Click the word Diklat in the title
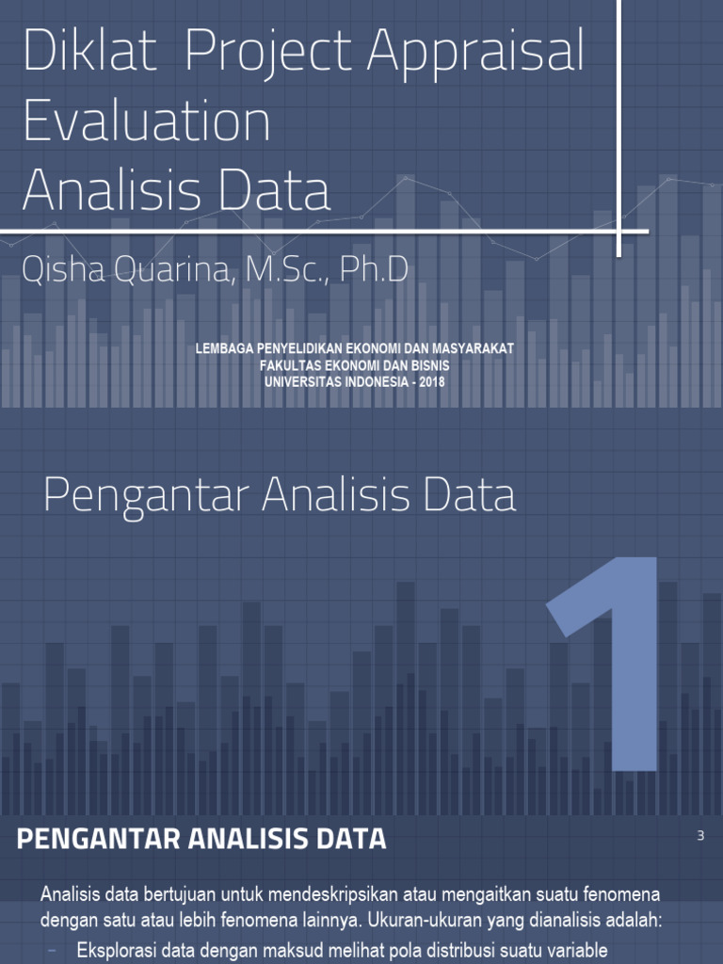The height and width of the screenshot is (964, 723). click(x=90, y=54)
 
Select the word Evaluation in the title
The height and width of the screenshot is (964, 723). click(x=147, y=122)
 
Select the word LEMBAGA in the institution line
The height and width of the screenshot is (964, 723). click(x=223, y=349)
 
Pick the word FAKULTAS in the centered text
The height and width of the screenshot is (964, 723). click(x=296, y=365)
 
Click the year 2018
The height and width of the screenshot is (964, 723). click(x=430, y=381)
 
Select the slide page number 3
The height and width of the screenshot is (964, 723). click(x=700, y=835)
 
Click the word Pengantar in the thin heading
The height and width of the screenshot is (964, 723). click(x=145, y=496)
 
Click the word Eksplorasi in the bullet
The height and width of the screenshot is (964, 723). click(x=117, y=949)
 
